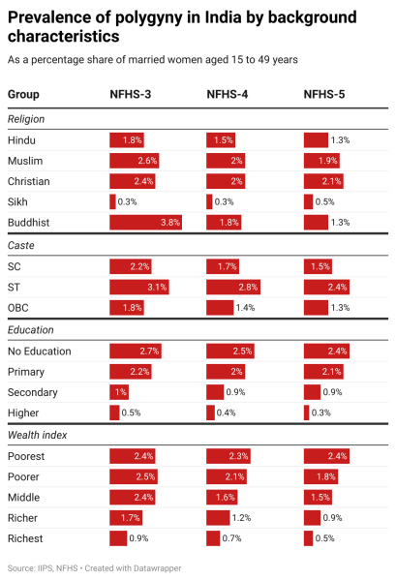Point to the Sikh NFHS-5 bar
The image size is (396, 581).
(x=308, y=201)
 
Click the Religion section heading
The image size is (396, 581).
(x=27, y=119)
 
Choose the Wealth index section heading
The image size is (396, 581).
(x=37, y=436)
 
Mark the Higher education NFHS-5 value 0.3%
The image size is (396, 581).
(x=321, y=413)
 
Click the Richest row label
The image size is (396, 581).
(x=26, y=537)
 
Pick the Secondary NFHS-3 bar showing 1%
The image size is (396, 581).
(x=120, y=392)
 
